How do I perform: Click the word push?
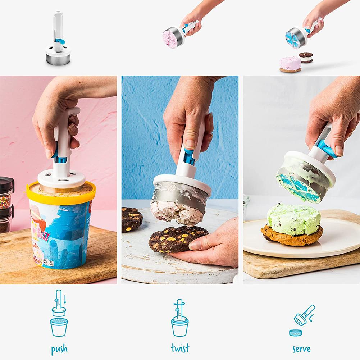point(59,348)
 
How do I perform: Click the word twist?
point(180,348)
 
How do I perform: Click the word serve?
point(301,348)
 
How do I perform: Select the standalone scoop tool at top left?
point(58,41)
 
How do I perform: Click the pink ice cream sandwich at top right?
point(290,64)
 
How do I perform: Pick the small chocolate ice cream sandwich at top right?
point(306,57)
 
